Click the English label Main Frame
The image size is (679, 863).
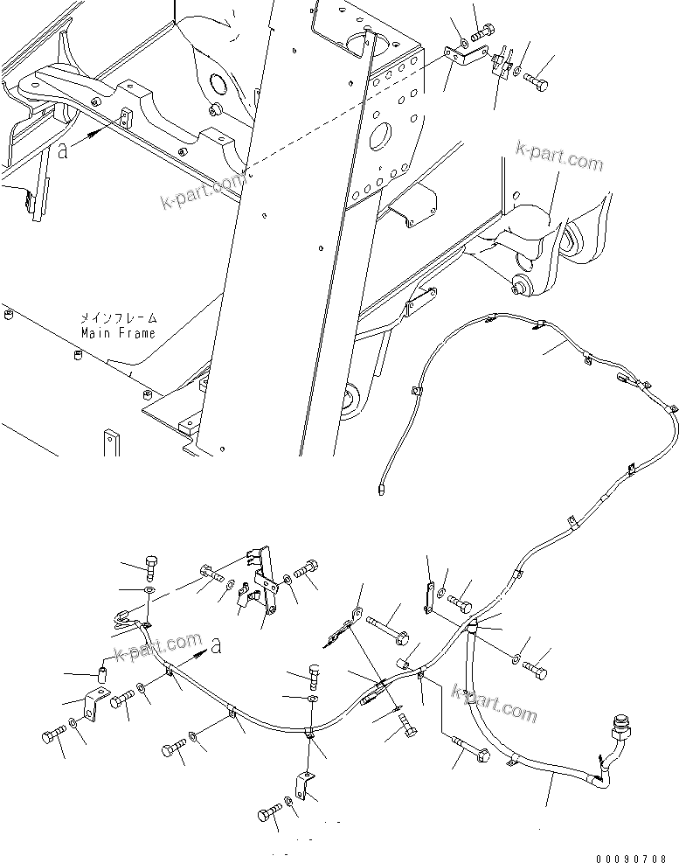(x=118, y=333)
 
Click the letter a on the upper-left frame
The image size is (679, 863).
(x=63, y=150)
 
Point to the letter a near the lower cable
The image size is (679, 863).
(x=217, y=648)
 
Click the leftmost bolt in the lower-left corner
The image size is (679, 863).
(x=51, y=734)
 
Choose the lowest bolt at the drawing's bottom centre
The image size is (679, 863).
(x=268, y=815)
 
